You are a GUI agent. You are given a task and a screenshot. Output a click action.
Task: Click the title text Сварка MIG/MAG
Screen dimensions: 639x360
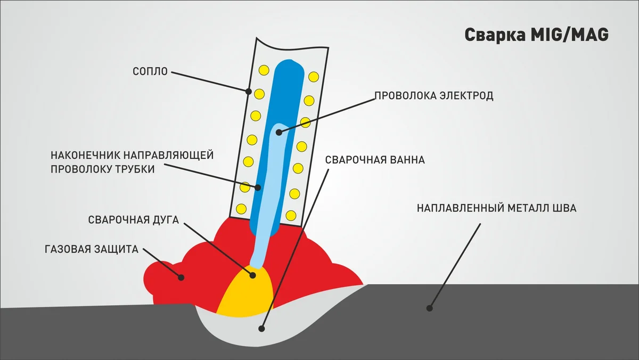537,35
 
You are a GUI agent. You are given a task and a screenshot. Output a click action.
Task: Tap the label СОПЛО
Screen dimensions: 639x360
150,71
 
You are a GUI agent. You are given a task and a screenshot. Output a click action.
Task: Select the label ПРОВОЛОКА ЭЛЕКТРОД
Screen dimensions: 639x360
433,95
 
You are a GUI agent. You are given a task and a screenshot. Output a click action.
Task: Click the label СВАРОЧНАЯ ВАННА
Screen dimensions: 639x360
375,160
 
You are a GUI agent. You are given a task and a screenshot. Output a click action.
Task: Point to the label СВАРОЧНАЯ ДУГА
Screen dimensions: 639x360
134,220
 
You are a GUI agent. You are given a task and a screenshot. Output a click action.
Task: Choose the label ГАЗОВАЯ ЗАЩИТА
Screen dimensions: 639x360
92,249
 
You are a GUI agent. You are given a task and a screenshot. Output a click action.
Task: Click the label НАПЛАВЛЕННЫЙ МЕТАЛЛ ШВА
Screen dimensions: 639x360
497,208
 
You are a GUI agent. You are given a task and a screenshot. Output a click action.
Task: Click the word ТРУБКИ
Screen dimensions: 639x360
135,169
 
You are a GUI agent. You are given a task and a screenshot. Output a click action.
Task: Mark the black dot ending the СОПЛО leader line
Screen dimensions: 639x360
249,92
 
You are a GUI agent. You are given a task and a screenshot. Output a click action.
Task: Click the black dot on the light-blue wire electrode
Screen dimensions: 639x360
279,133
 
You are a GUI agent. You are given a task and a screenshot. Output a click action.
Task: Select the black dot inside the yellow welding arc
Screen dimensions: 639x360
252,275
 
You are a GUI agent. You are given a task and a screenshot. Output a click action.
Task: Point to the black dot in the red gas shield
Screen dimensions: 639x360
181,277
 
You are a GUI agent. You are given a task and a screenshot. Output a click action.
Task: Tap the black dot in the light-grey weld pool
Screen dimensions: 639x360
261,329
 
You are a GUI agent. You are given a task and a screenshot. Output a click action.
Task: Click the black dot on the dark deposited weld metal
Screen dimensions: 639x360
429,308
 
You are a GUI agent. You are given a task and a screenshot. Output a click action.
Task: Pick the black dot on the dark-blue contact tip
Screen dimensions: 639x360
258,187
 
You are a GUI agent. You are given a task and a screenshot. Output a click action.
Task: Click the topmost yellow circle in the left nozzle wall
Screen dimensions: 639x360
264,70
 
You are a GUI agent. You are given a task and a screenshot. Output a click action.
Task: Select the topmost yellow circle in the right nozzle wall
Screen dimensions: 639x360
314,77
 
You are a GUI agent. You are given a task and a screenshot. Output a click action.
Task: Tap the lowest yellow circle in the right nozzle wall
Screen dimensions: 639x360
291,215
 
